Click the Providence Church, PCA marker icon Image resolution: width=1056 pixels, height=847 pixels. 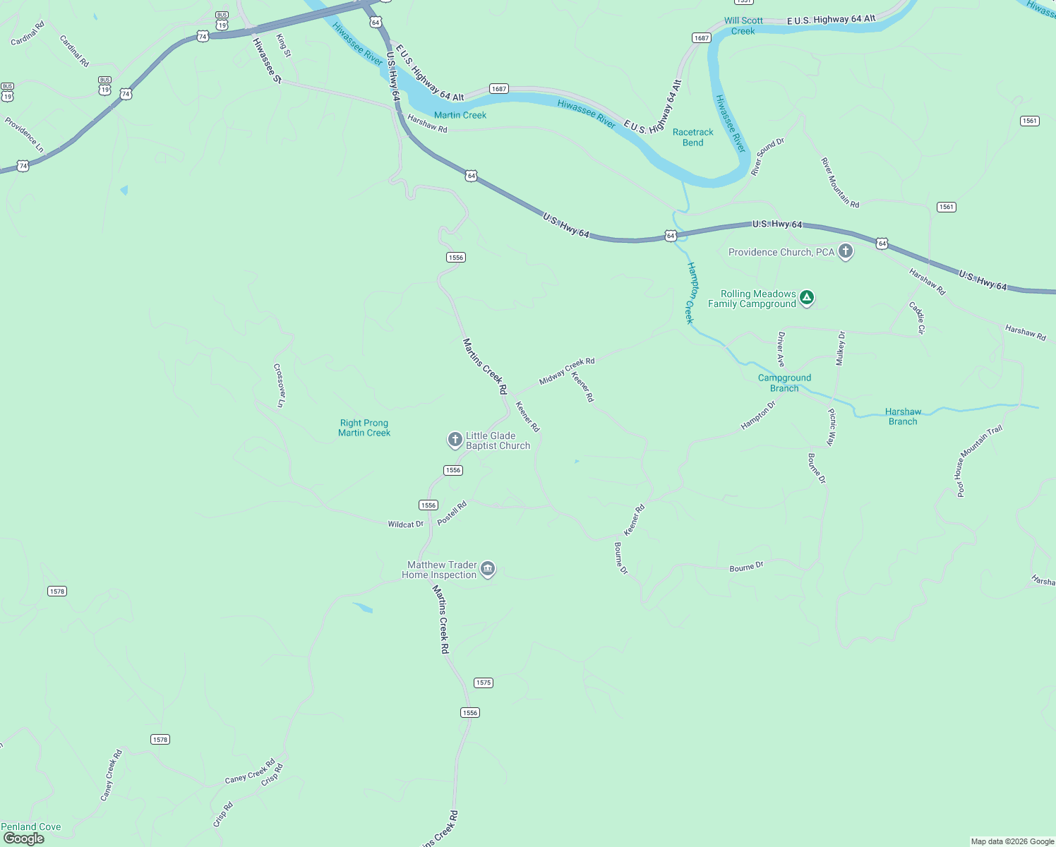click(x=845, y=251)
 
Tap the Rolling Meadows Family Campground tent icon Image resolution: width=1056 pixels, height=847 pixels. click(x=807, y=298)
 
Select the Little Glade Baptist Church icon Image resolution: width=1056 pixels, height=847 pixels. click(x=455, y=440)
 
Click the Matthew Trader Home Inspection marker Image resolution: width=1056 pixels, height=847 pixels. click(x=488, y=569)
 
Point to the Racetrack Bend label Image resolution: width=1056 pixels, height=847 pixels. click(x=692, y=137)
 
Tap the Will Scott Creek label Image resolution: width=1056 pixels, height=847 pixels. click(x=743, y=26)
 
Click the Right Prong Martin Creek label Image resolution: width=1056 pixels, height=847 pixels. click(x=364, y=428)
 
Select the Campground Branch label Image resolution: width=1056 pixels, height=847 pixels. click(x=784, y=383)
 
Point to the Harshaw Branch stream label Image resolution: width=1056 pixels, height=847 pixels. click(x=903, y=416)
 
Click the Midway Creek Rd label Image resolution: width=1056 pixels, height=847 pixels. click(x=567, y=371)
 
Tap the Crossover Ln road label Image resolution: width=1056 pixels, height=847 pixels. click(x=279, y=385)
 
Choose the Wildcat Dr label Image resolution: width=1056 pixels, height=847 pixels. click(x=405, y=524)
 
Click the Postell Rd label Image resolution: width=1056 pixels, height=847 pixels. click(x=452, y=513)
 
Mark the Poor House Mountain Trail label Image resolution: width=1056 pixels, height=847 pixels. click(x=979, y=462)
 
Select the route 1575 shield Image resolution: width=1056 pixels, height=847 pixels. click(x=484, y=683)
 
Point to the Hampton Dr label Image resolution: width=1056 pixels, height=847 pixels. click(x=758, y=416)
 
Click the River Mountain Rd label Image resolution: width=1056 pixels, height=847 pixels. click(x=840, y=183)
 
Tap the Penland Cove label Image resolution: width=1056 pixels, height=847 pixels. click(x=31, y=827)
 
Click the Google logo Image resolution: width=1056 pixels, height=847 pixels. click(x=24, y=839)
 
